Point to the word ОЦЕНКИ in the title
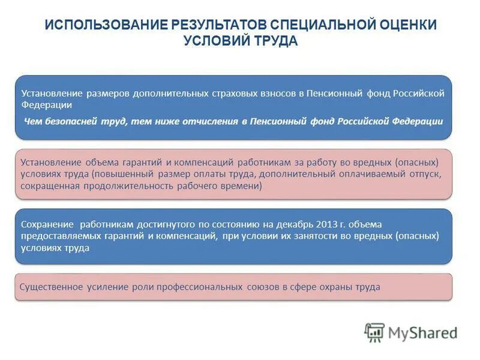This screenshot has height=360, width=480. click(x=406, y=26)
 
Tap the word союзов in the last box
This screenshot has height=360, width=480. click(x=262, y=287)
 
